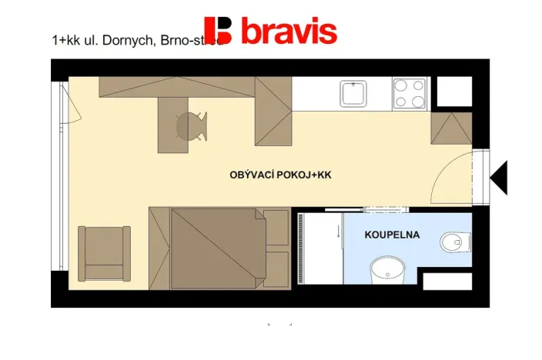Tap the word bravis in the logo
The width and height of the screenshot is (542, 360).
289,32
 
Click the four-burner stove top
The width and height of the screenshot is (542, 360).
410,94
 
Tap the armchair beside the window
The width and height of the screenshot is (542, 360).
103,252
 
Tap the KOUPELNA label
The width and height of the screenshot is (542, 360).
392,235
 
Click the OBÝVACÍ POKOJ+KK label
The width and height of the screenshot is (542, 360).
280,175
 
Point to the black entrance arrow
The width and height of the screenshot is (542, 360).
499,178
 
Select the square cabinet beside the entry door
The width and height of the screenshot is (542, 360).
451,128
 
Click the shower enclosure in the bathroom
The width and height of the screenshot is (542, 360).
320,248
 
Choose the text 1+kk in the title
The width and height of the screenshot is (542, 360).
64,41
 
